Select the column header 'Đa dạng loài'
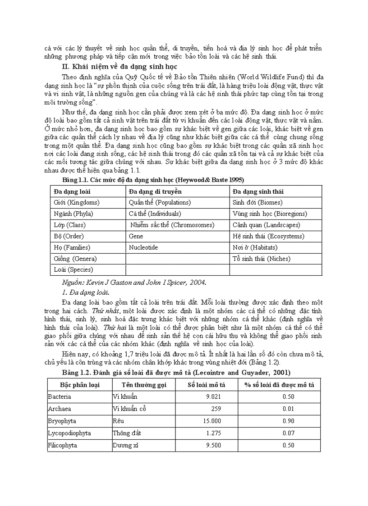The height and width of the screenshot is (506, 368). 72,191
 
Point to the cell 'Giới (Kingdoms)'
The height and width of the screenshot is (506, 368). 76,203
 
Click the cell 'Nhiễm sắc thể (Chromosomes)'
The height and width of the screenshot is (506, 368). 172,225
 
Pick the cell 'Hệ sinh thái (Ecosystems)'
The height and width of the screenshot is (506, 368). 268,236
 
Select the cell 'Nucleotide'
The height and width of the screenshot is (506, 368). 143,247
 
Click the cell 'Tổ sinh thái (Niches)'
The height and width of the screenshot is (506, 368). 261,259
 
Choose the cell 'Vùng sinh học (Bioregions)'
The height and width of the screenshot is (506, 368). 270,214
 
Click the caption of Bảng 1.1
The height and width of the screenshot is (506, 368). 153,180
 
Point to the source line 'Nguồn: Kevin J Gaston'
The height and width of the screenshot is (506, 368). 134,283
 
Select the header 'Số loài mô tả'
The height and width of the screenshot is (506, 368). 206,385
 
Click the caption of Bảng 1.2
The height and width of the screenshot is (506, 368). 176,373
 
